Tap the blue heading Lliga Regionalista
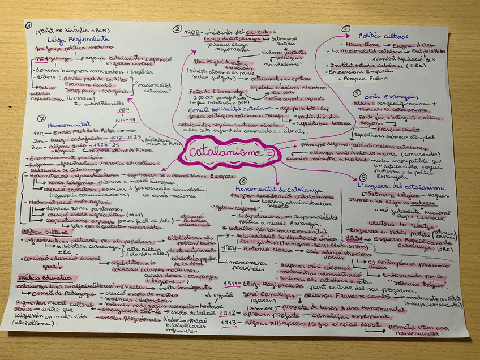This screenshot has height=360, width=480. [71, 40]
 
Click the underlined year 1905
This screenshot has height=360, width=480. [193, 33]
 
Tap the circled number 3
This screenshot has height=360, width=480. [345, 29]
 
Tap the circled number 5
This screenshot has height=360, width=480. [348, 177]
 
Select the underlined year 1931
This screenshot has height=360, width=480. [353, 238]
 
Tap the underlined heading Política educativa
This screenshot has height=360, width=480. [45, 278]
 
